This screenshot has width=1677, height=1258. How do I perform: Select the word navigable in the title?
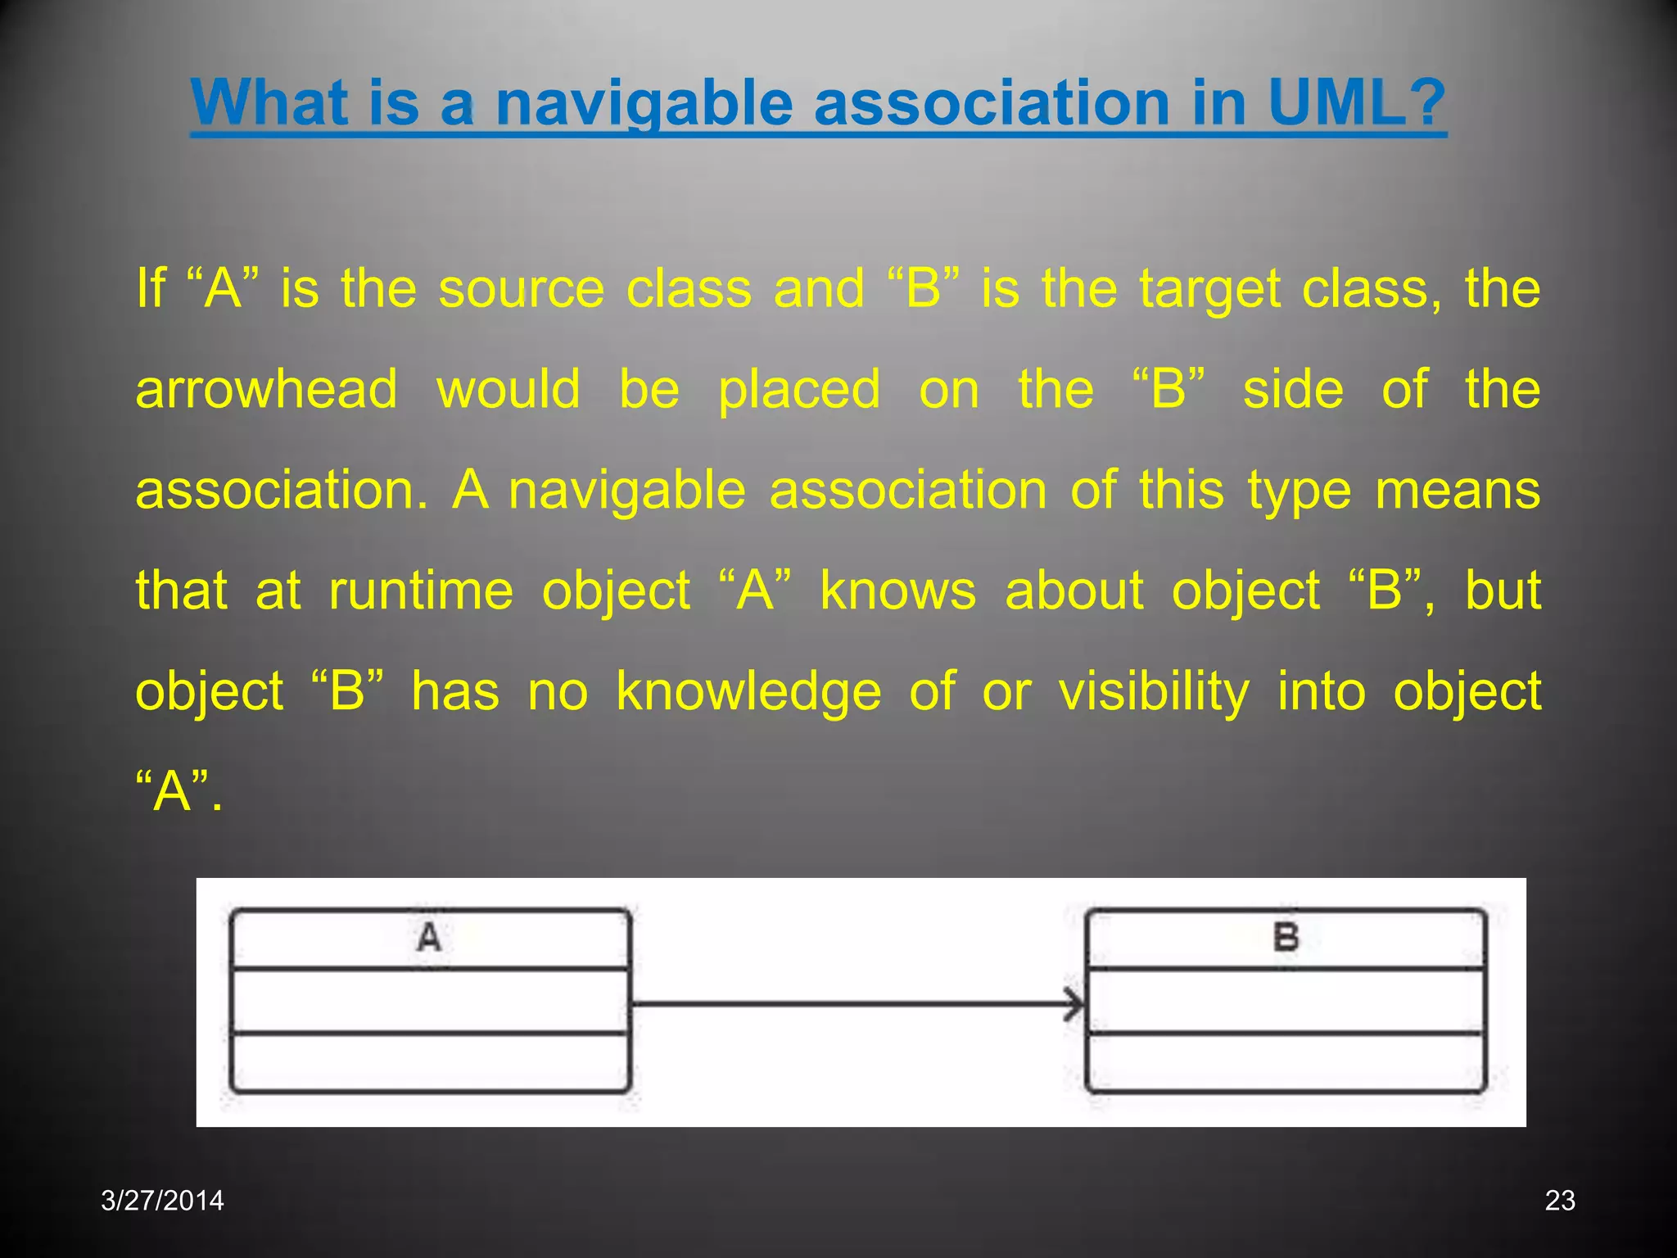click(x=644, y=104)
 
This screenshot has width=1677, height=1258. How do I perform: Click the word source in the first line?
click(x=521, y=288)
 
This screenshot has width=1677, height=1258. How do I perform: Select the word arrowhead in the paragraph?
click(x=266, y=389)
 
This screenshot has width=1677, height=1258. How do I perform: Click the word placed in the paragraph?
click(x=799, y=391)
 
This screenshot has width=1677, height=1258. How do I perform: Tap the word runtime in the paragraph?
click(x=421, y=591)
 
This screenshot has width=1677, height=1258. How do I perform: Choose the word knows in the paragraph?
click(x=898, y=591)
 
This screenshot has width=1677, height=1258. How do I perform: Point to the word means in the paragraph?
click(x=1458, y=490)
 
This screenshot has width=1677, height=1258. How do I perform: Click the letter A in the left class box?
click(x=429, y=938)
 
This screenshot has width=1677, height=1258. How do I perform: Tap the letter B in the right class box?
click(x=1286, y=938)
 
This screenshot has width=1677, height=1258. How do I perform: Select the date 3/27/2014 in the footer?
click(x=162, y=1201)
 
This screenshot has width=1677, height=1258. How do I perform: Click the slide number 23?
click(x=1559, y=1201)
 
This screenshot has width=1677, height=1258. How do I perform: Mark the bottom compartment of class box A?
click(x=430, y=1062)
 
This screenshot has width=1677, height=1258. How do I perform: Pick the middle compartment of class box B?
click(x=1286, y=1002)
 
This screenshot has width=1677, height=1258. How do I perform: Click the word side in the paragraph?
click(x=1293, y=389)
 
